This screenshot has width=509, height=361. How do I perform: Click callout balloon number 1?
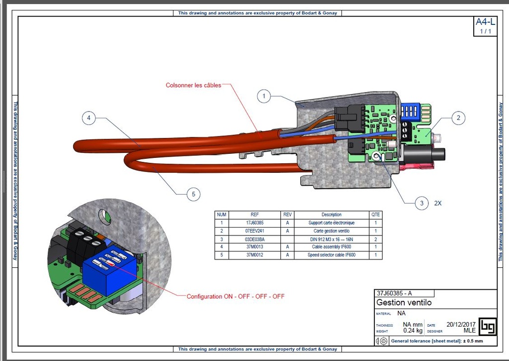click(x=264, y=96)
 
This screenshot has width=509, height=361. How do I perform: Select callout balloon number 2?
click(x=458, y=118)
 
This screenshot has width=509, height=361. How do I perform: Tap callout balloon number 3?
click(x=422, y=203)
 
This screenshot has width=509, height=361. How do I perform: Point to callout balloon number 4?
click(x=88, y=118)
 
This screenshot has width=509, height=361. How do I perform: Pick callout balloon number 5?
click(x=193, y=194)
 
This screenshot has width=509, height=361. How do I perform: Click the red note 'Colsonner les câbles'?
click(x=193, y=85)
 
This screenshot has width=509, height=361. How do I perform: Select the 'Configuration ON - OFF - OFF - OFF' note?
click(x=236, y=296)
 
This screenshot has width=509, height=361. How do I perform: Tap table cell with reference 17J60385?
click(x=254, y=223)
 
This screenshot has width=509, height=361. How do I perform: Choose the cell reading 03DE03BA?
click(x=254, y=239)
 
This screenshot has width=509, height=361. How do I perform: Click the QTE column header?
click(x=376, y=215)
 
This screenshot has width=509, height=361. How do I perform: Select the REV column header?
click(x=287, y=215)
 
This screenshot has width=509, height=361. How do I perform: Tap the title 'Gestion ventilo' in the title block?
click(x=404, y=302)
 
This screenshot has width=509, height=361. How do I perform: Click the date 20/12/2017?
click(x=461, y=324)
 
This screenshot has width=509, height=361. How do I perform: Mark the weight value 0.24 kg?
click(x=413, y=330)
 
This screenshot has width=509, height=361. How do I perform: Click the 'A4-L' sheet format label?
click(x=485, y=22)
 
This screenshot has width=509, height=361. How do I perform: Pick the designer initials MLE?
click(x=469, y=330)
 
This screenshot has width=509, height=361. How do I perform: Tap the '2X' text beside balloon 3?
click(x=438, y=203)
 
